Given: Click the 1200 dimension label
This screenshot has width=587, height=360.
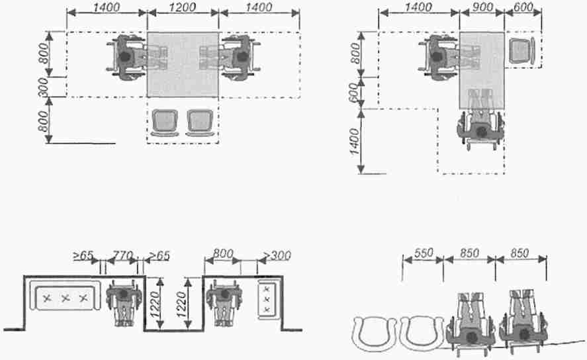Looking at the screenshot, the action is (182, 7).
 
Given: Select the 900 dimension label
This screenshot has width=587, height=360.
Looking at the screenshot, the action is (482, 7).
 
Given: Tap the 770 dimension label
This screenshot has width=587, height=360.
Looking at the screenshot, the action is (123, 255).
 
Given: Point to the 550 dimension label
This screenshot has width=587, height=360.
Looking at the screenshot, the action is (424, 253).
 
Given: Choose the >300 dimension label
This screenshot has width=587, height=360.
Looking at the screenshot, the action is (277, 255).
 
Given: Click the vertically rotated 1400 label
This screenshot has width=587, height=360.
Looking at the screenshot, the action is (354, 141).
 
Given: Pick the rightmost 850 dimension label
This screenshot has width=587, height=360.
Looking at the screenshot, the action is (520, 253).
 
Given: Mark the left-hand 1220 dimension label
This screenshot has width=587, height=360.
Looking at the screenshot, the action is (155, 304).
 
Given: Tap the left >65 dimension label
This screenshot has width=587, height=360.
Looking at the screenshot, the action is (83, 255).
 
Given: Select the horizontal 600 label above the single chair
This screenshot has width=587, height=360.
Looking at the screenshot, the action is (523, 7).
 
